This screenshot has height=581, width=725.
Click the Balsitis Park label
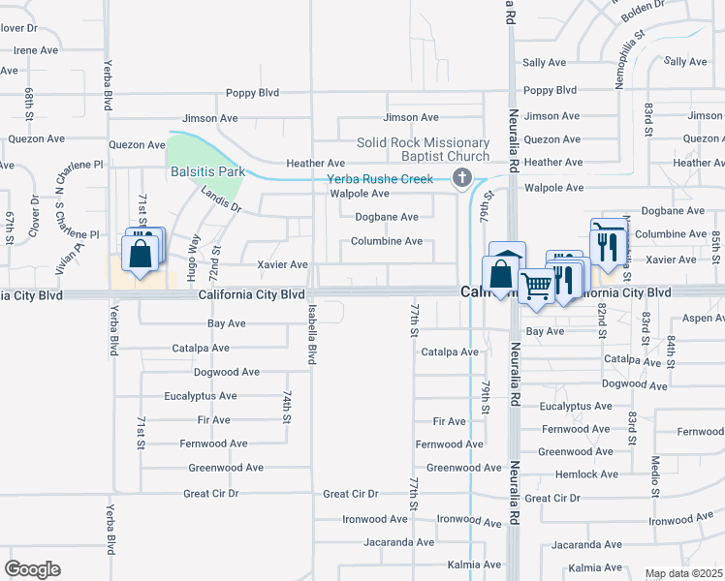[206, 171]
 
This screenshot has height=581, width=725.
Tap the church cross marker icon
[462, 177]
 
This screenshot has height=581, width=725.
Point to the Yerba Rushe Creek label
[380, 179]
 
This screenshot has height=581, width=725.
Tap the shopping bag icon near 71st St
[141, 255]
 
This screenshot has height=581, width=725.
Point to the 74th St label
[288, 408]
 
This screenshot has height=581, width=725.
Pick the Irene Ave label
[38, 49]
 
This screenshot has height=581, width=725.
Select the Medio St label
[655, 475]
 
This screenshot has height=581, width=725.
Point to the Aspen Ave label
[703, 318]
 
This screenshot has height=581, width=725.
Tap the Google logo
[32, 569]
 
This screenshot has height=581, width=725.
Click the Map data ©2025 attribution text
[684, 573]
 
